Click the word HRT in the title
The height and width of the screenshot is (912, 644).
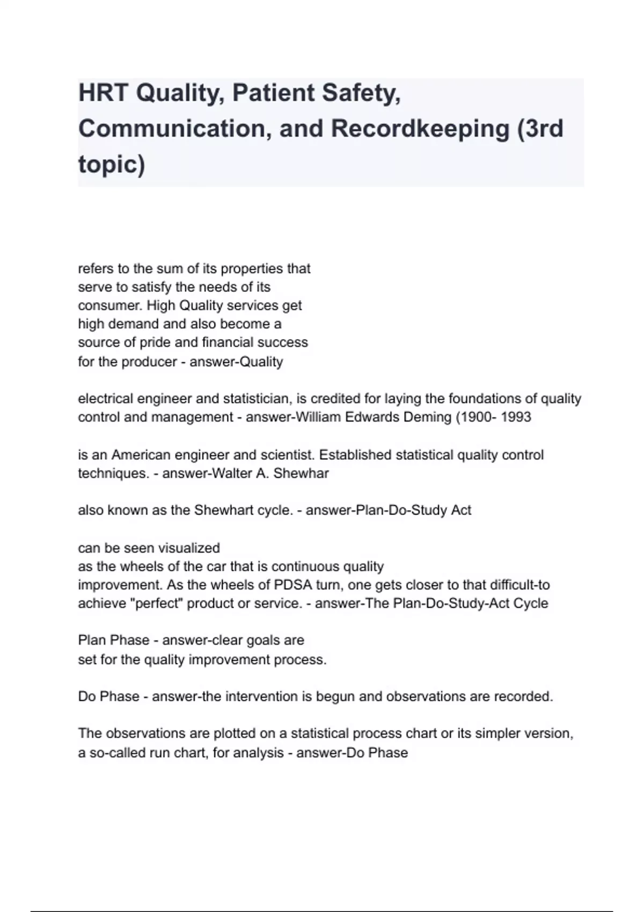click(x=103, y=93)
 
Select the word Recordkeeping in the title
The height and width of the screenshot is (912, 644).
click(x=420, y=129)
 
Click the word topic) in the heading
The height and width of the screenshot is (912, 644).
click(x=112, y=165)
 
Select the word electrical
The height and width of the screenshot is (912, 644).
click(x=106, y=399)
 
